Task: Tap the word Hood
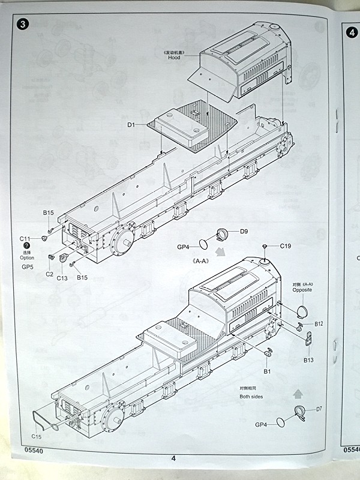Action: [174, 58]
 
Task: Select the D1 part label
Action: [131, 125]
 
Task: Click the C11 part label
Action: [25, 238]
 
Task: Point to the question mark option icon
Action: [26, 246]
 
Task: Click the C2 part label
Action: [49, 274]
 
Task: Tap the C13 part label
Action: [62, 278]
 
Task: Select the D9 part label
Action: [244, 232]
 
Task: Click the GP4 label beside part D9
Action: [184, 247]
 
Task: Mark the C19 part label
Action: [286, 246]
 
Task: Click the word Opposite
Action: [302, 290]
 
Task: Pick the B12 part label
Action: [319, 324]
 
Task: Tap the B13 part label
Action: [309, 360]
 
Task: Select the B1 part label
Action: [267, 371]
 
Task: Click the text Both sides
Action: [251, 397]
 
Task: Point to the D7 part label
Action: [319, 409]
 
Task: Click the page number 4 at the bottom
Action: [173, 459]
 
